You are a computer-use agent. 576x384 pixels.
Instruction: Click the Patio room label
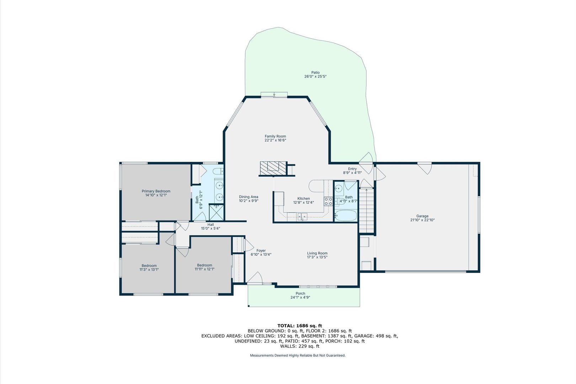pyautogui.click(x=315, y=73)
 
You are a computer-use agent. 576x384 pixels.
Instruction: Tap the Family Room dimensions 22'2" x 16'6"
pyautogui.click(x=276, y=140)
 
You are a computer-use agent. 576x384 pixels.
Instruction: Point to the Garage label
pyautogui.click(x=422, y=216)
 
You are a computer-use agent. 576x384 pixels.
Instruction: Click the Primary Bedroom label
pyautogui.click(x=156, y=191)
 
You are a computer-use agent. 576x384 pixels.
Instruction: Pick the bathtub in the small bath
pyautogui.click(x=346, y=215)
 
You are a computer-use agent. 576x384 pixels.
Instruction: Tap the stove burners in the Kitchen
pyautogui.click(x=328, y=201)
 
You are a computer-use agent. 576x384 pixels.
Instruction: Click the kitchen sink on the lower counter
pyautogui.click(x=302, y=217)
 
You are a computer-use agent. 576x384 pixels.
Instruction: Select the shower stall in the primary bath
pyautogui.click(x=217, y=212)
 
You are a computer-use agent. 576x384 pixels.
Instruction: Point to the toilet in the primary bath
pyautogui.click(x=219, y=171)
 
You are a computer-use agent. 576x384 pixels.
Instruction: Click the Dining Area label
pyautogui.click(x=249, y=197)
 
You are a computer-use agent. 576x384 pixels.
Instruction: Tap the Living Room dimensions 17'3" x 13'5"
pyautogui.click(x=317, y=257)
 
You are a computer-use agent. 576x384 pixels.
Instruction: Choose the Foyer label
pyautogui.click(x=261, y=251)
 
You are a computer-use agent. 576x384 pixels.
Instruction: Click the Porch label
pyautogui.click(x=300, y=293)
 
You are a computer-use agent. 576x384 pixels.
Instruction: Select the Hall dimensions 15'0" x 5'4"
pyautogui.click(x=210, y=228)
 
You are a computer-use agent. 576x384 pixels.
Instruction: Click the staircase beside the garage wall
pyautogui.click(x=367, y=211)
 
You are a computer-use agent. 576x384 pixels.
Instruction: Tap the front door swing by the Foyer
pyautogui.click(x=255, y=278)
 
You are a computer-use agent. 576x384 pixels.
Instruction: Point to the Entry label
pyautogui.click(x=352, y=169)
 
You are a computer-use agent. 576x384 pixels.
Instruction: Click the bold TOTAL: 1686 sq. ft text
pyautogui.click(x=300, y=326)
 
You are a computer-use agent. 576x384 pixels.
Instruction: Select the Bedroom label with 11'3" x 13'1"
pyautogui.click(x=149, y=266)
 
